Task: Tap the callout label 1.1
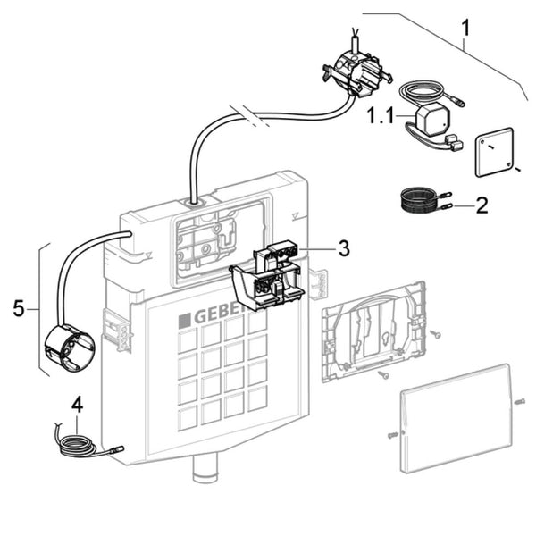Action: [x=381, y=115]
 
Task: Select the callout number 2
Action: [x=482, y=206]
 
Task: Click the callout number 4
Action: [x=77, y=403]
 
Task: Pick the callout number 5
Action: [x=19, y=308]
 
